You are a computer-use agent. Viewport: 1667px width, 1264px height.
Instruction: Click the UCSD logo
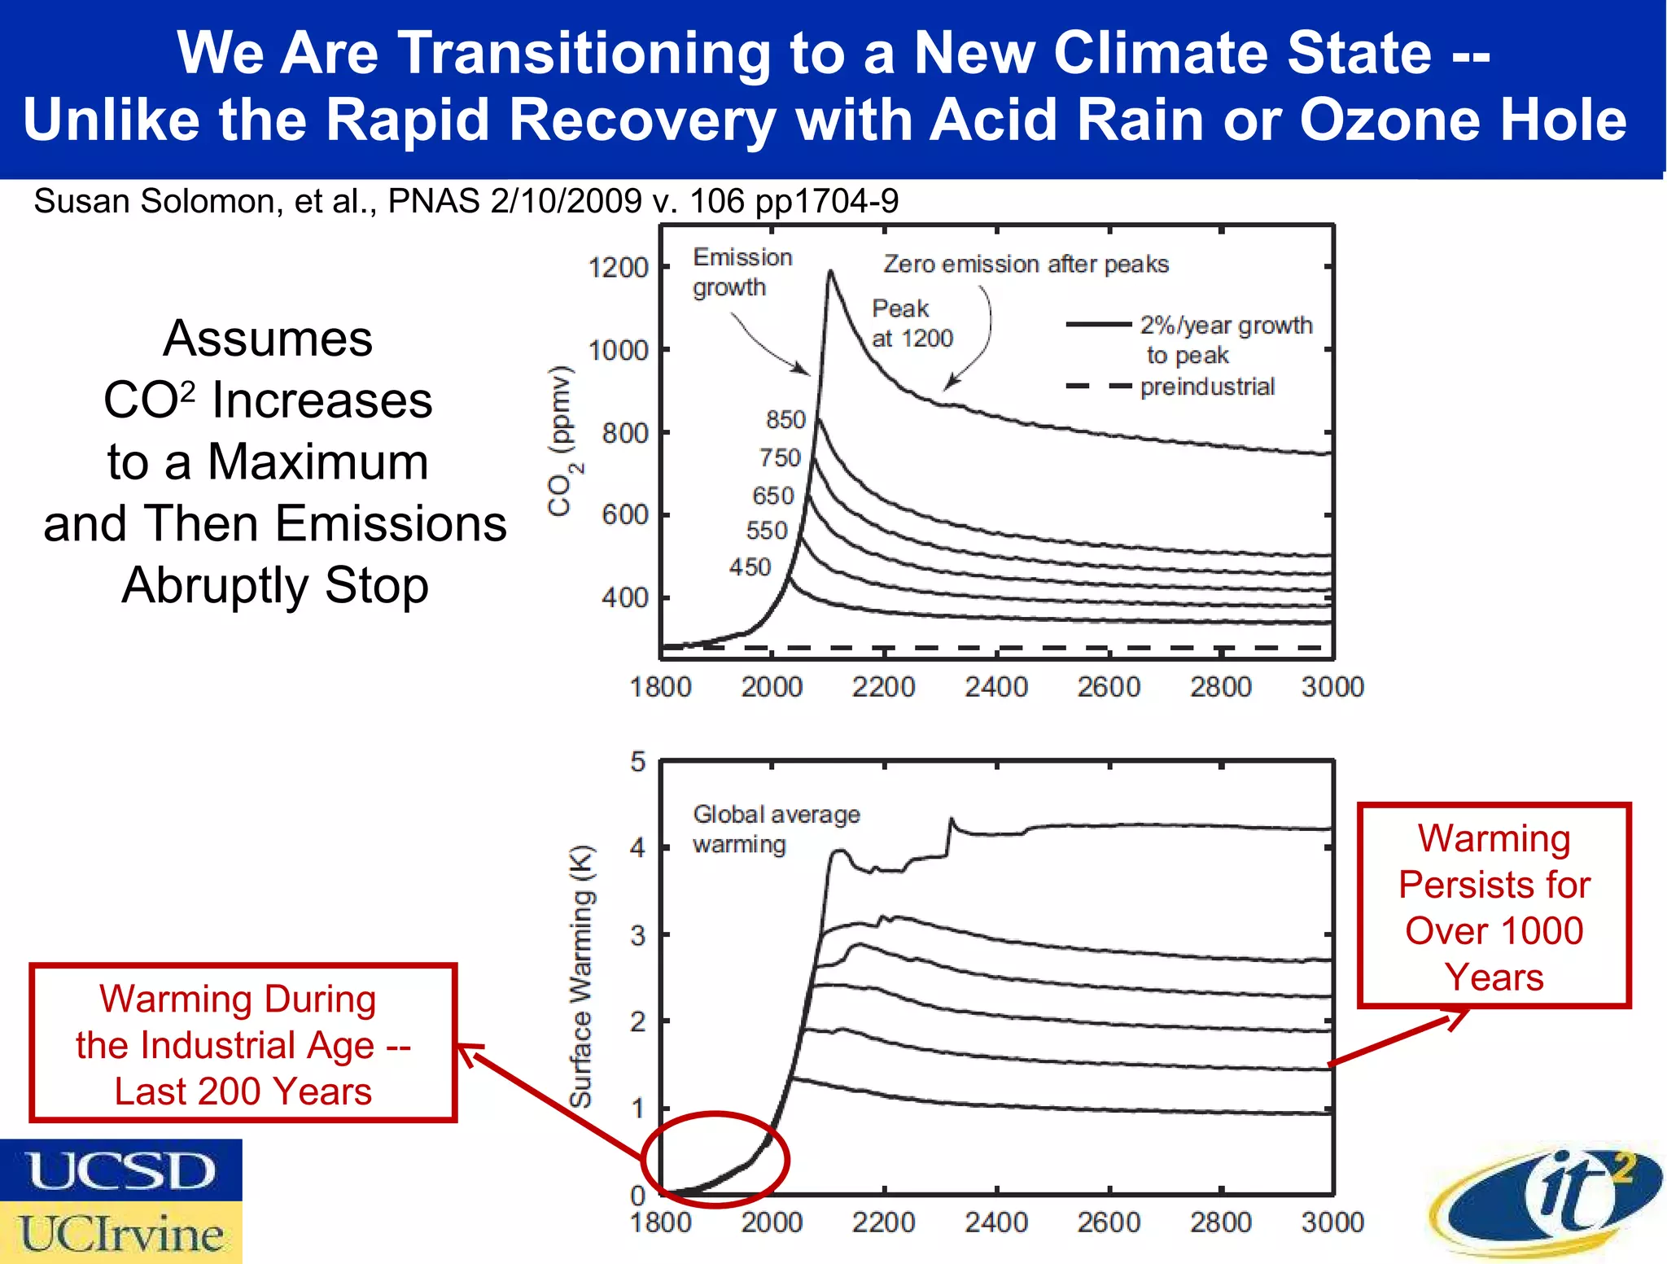pyautogui.click(x=120, y=1170)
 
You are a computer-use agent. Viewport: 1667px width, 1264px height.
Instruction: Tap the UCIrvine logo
pyautogui.click(x=120, y=1233)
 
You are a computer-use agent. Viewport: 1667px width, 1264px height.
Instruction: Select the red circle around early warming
pyautogui.click(x=715, y=1159)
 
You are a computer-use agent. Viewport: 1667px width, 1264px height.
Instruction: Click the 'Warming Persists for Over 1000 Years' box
pyautogui.click(x=1494, y=906)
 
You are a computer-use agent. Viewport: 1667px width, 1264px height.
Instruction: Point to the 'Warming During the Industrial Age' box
pyautogui.click(x=243, y=1044)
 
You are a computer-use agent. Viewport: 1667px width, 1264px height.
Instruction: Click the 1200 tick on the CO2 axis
pyautogui.click(x=618, y=267)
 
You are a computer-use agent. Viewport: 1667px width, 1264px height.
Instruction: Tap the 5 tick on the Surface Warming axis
pyautogui.click(x=637, y=762)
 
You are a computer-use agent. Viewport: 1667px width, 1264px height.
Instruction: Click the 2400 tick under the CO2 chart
pyautogui.click(x=995, y=687)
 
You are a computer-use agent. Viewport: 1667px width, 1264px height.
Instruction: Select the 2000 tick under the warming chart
pyautogui.click(x=771, y=1222)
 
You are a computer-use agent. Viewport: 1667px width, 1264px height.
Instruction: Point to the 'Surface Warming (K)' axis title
pyautogui.click(x=581, y=977)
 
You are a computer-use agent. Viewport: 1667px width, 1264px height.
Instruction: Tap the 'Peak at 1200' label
pyautogui.click(x=911, y=323)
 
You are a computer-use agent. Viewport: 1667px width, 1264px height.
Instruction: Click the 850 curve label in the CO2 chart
pyautogui.click(x=785, y=419)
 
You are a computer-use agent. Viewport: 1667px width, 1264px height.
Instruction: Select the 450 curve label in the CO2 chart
pyautogui.click(x=749, y=566)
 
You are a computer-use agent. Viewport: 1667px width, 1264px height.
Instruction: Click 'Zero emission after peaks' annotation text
pyautogui.click(x=1026, y=264)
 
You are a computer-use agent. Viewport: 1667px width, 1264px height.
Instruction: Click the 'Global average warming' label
pyautogui.click(x=775, y=829)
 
